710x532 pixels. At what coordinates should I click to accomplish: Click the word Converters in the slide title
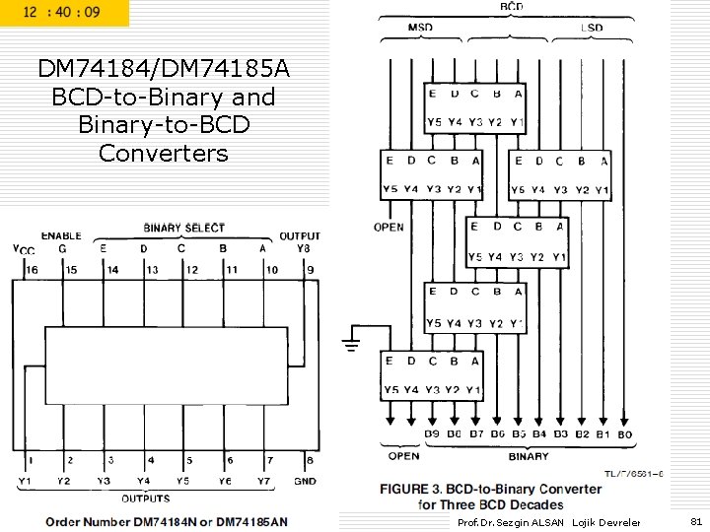point(163,153)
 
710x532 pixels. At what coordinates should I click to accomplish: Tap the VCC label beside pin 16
point(23,250)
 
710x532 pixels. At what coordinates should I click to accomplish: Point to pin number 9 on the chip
point(310,269)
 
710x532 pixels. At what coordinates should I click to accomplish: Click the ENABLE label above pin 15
point(61,235)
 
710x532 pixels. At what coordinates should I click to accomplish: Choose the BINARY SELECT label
point(183,228)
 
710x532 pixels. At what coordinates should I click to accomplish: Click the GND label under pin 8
point(305,481)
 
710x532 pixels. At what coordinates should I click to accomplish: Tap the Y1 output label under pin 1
point(26,481)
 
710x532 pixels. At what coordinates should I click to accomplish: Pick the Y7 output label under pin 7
point(262,481)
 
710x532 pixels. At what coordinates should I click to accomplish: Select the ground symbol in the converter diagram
point(351,344)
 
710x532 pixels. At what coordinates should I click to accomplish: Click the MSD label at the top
point(420,27)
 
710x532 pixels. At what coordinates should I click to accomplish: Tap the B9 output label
point(432,434)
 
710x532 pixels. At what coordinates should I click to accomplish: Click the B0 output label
point(624,434)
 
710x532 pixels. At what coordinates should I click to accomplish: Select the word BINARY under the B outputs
point(529,456)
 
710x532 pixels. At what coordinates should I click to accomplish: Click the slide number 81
point(696,521)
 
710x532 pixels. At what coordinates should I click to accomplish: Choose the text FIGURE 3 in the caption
point(415,489)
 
